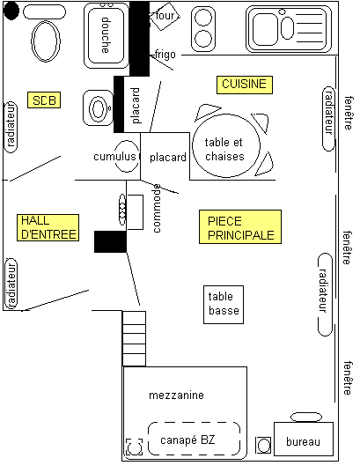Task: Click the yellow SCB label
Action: (x=44, y=100)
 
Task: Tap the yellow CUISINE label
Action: (x=245, y=85)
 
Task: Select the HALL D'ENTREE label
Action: (x=48, y=227)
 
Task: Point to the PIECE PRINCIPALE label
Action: (x=240, y=227)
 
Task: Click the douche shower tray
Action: (x=106, y=35)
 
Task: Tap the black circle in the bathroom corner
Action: (x=11, y=11)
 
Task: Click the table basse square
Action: (x=224, y=305)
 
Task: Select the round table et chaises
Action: (x=226, y=145)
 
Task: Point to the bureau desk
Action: (x=304, y=439)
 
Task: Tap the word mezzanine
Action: (x=176, y=395)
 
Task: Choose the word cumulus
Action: (x=114, y=157)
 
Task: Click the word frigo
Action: (x=165, y=55)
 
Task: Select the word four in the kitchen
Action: (x=165, y=15)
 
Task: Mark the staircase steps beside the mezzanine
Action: (x=134, y=338)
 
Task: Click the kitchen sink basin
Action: (x=265, y=29)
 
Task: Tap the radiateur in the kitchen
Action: (x=328, y=119)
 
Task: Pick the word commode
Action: (x=157, y=208)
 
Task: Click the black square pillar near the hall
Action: (x=110, y=241)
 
